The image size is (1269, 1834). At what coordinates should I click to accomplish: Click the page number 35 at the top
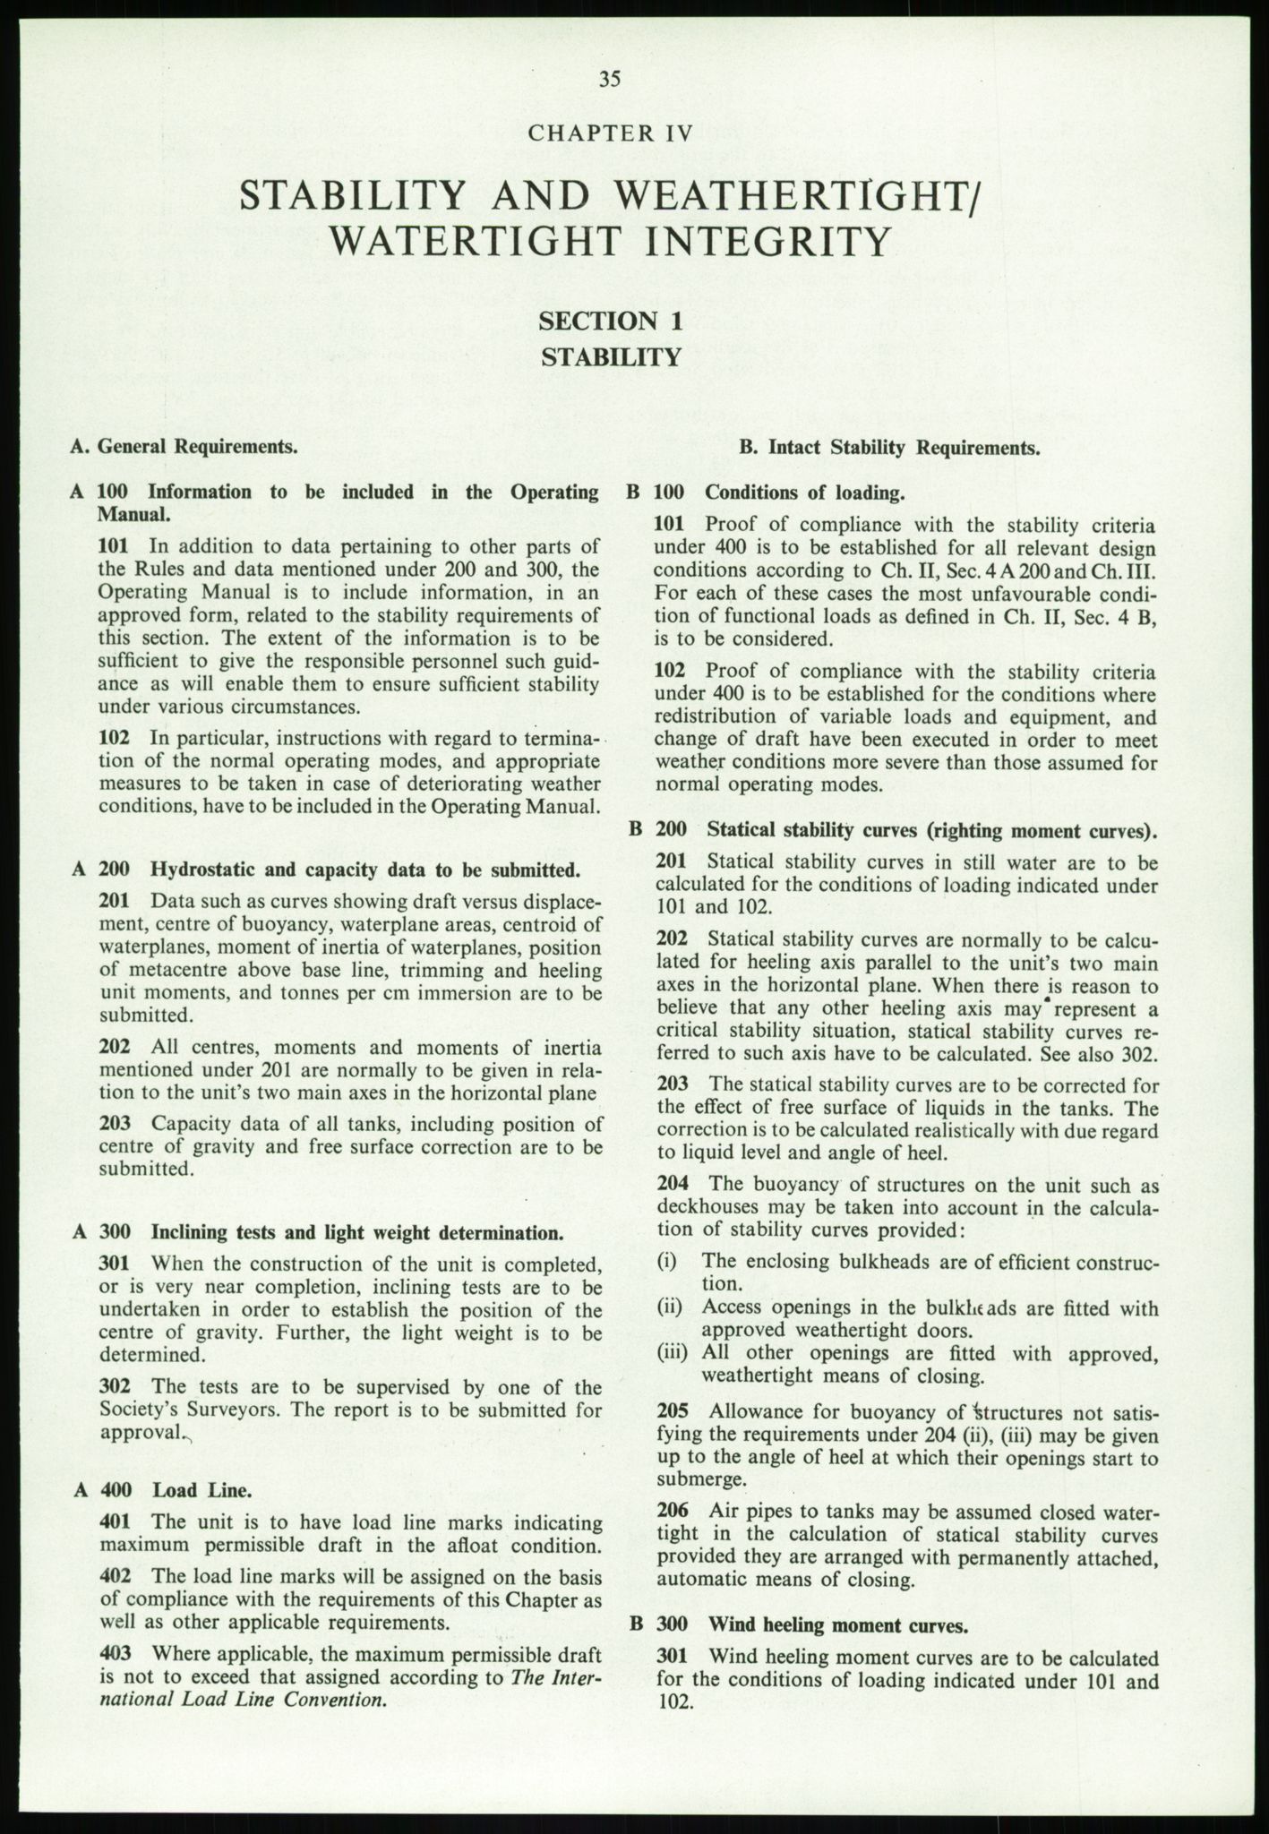coord(610,79)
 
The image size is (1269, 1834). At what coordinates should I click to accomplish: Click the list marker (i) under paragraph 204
coord(667,1262)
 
